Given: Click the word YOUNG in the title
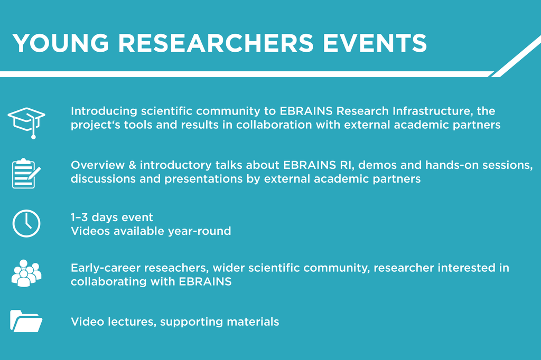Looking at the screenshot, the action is (61, 43).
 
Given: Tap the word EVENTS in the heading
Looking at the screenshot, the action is (375, 43).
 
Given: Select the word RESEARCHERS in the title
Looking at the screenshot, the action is (216, 43).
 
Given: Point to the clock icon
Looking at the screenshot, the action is (26, 223).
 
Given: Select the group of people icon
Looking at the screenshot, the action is (26, 273).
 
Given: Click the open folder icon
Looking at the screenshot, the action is (26, 321).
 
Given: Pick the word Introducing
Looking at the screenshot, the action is (104, 111).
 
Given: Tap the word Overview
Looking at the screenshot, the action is (98, 165).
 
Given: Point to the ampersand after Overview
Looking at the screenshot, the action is (133, 165).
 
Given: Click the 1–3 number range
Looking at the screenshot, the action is (79, 217).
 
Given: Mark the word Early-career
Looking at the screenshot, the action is (106, 268).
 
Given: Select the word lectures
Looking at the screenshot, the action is (132, 321).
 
